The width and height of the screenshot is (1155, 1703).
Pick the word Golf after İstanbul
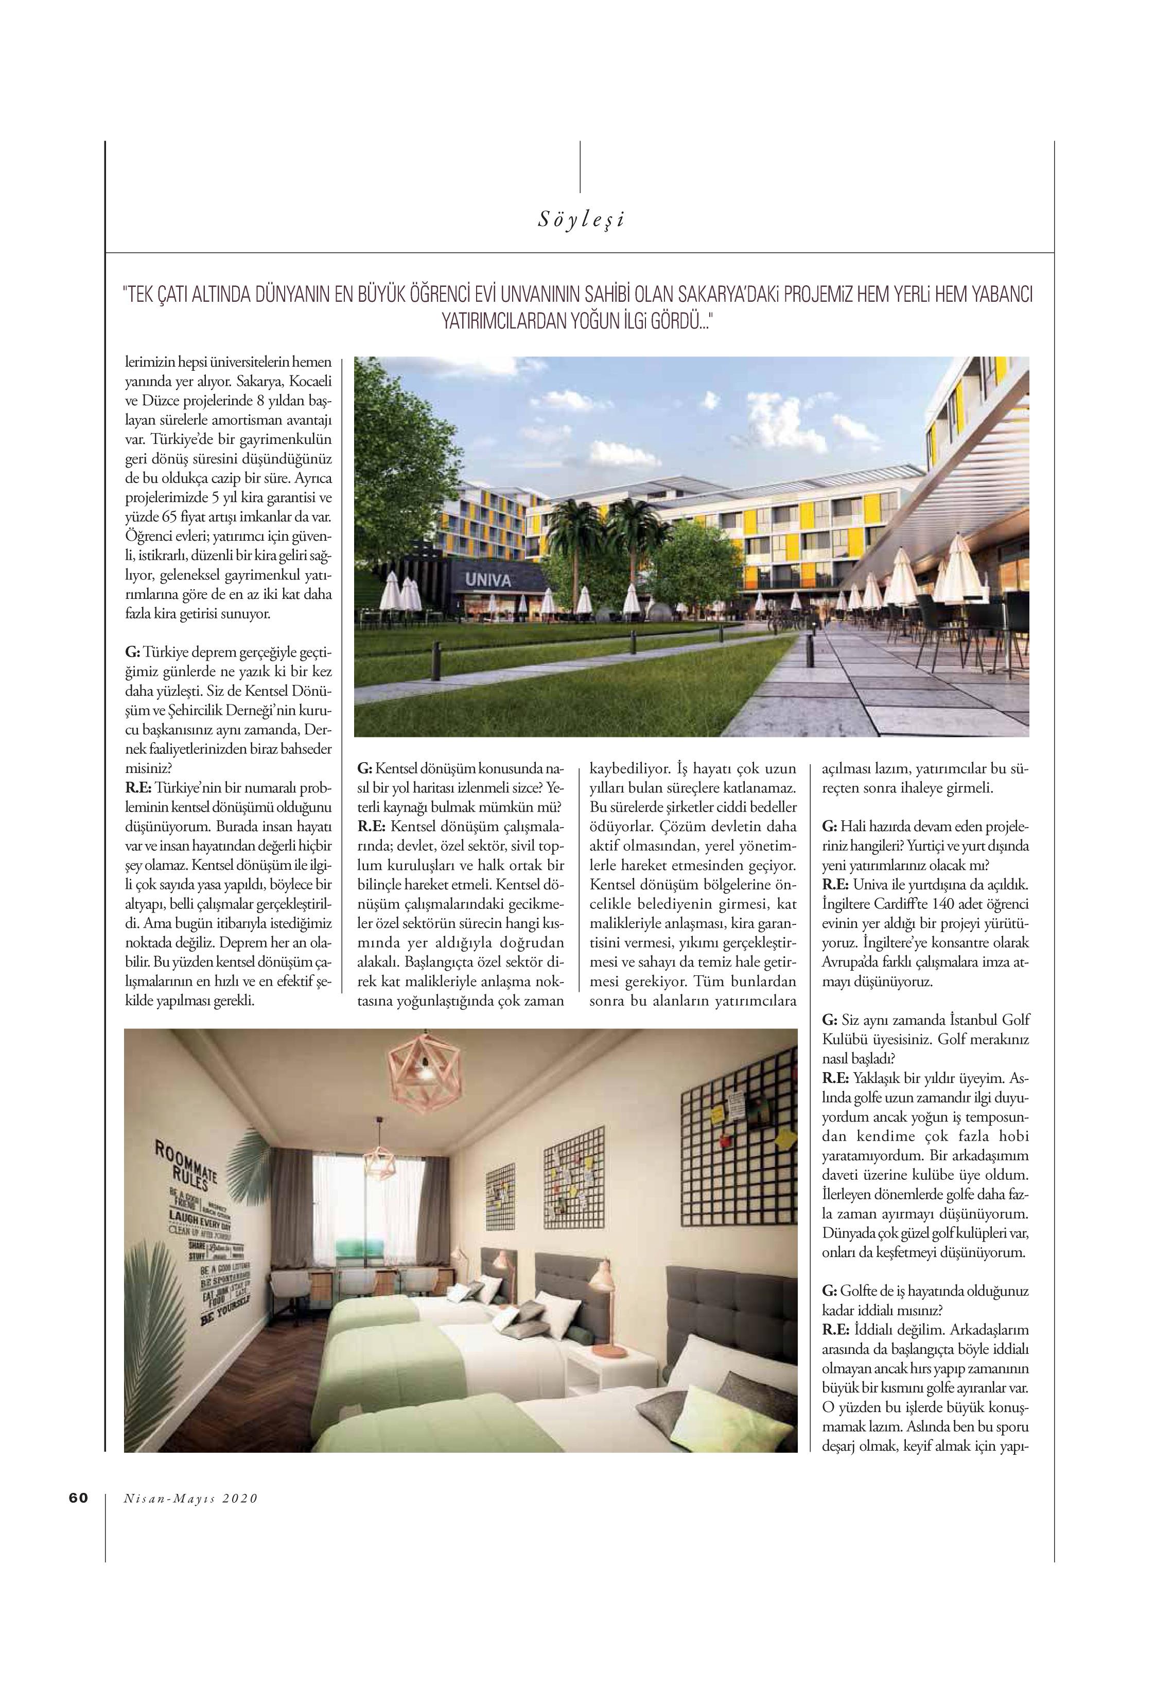tap(1015, 1020)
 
